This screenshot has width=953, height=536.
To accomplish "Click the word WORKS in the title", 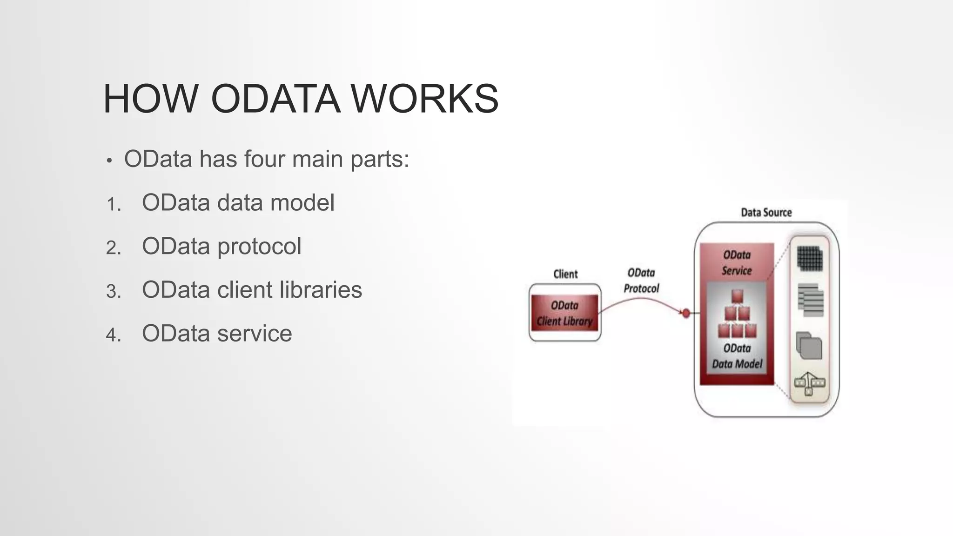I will pyautogui.click(x=424, y=99).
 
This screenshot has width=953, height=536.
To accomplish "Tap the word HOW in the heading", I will pyautogui.click(x=150, y=99).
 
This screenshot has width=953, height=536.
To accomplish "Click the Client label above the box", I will pyautogui.click(x=565, y=274).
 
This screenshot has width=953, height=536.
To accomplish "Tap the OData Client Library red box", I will pyautogui.click(x=564, y=313).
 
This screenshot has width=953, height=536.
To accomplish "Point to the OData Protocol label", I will pyautogui.click(x=641, y=281).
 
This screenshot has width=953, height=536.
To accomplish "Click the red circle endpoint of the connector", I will pyautogui.click(x=685, y=313).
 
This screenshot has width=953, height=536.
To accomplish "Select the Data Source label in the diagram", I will pyautogui.click(x=766, y=213).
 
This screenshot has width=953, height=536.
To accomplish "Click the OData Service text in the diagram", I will pyautogui.click(x=737, y=262).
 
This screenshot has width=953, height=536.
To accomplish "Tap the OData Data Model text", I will pyautogui.click(x=737, y=356).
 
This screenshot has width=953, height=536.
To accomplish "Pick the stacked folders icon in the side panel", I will pyautogui.click(x=809, y=345).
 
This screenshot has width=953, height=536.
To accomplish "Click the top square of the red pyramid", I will pyautogui.click(x=737, y=296).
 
